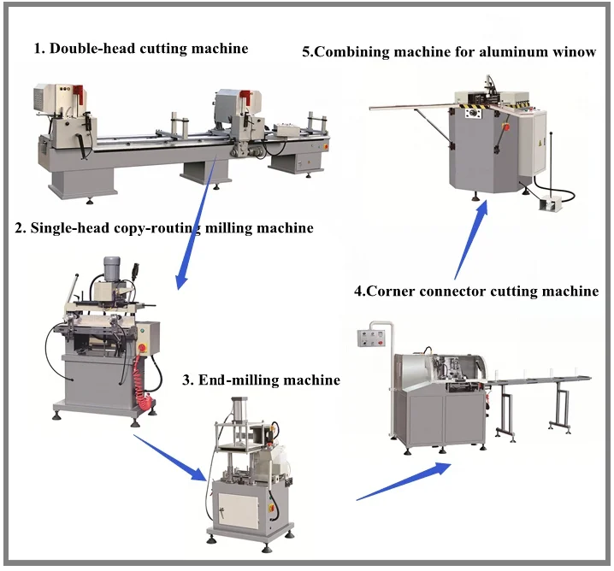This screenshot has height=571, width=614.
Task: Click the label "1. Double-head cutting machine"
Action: point(141,49)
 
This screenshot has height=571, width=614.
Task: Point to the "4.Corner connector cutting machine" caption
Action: point(476,291)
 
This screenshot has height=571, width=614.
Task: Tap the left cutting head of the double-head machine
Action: point(60,106)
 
